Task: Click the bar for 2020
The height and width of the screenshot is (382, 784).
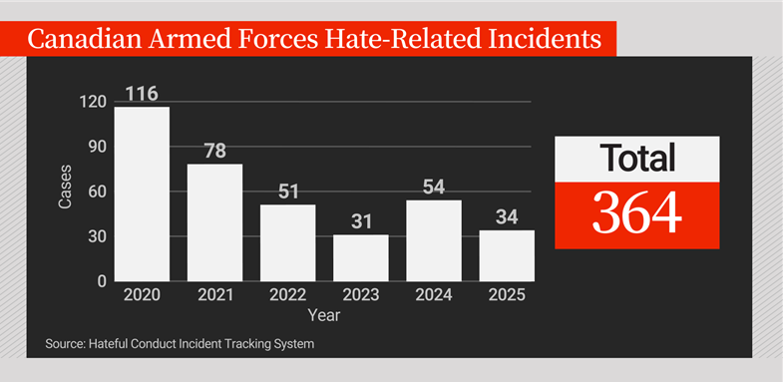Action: click(142, 193)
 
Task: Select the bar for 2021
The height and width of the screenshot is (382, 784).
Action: click(214, 222)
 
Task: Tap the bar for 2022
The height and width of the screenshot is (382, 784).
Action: click(287, 242)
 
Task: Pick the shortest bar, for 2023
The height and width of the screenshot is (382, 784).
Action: click(360, 257)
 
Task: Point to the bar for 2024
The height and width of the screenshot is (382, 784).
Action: click(434, 240)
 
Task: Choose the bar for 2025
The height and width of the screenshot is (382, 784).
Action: click(507, 255)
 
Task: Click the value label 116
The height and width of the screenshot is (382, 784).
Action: click(142, 94)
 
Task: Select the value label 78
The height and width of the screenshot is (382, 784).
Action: click(214, 152)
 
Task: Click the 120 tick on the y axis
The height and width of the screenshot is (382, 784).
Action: click(93, 102)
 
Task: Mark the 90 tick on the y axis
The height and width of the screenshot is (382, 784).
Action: click(97, 147)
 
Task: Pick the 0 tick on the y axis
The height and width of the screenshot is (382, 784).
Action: click(102, 281)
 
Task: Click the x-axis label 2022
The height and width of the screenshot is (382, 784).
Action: click(287, 296)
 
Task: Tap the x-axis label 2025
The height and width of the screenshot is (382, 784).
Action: click(507, 296)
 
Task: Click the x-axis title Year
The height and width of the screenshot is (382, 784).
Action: click(323, 315)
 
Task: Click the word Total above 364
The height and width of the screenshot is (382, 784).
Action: click(636, 159)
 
